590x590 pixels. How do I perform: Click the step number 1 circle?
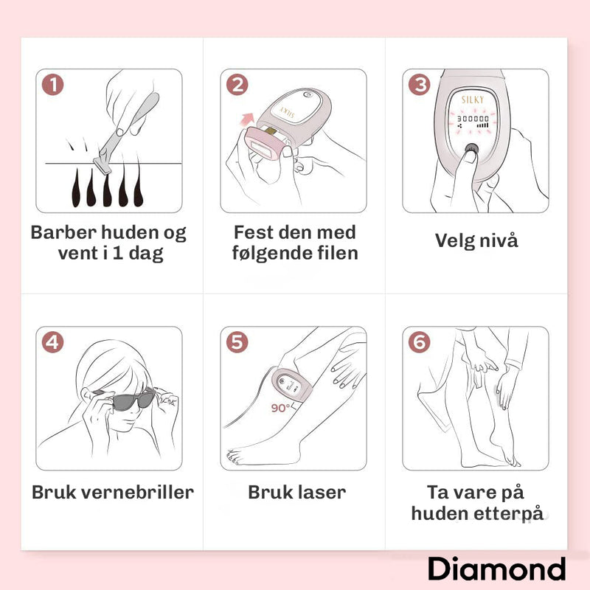tap(52, 85)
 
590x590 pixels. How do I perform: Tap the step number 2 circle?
tap(237, 85)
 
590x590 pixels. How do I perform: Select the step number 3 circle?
tap(419, 85)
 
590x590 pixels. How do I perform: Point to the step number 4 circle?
tap(52, 342)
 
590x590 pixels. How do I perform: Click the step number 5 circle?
tap(237, 342)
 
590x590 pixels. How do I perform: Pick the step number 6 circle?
tap(419, 342)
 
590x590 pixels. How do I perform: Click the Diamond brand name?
tap(496, 569)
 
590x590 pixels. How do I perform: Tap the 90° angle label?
tap(280, 408)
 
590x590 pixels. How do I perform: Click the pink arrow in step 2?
tap(247, 119)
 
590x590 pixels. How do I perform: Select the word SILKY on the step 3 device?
tap(473, 100)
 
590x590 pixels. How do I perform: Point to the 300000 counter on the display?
tap(473, 119)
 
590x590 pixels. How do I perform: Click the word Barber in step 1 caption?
tap(64, 232)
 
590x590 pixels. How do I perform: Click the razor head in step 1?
tap(103, 165)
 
